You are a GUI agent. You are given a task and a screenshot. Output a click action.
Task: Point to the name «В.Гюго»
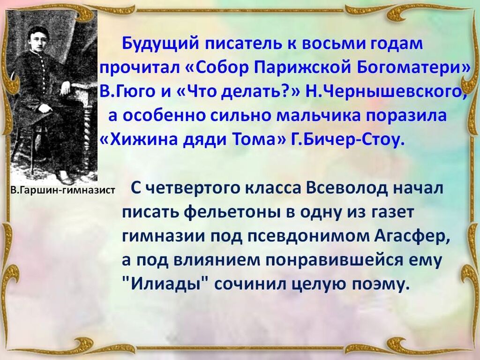pos(128,92)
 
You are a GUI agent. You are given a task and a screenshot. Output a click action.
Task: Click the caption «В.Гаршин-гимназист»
pos(62,190)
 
